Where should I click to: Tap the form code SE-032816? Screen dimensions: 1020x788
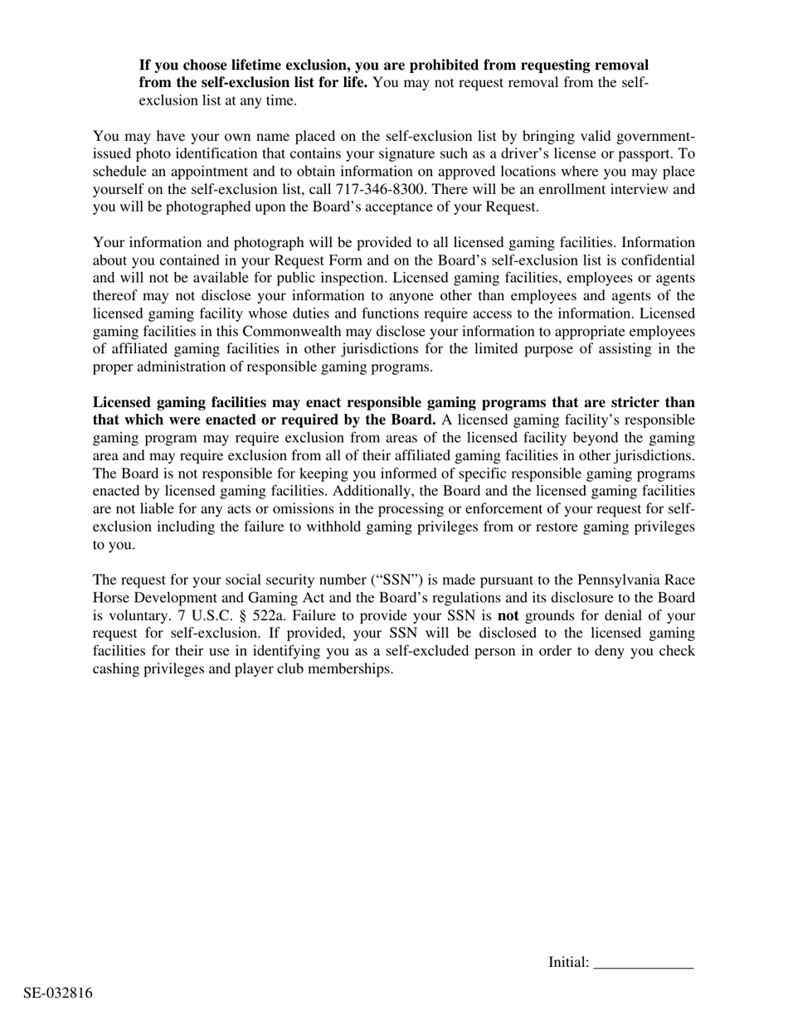tap(58, 993)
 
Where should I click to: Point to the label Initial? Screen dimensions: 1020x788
tap(568, 963)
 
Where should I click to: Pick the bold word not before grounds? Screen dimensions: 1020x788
tap(508, 615)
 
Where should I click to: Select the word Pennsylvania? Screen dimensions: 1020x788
tap(619, 580)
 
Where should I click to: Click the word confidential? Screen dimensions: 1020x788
tap(655, 260)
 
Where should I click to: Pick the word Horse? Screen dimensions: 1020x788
tap(113, 598)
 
